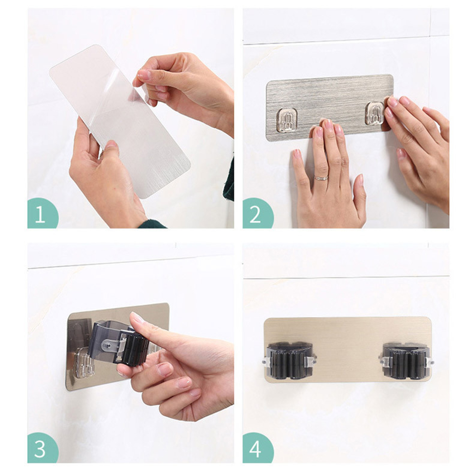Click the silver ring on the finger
click(x=321, y=178)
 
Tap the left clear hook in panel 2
click(x=287, y=120)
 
